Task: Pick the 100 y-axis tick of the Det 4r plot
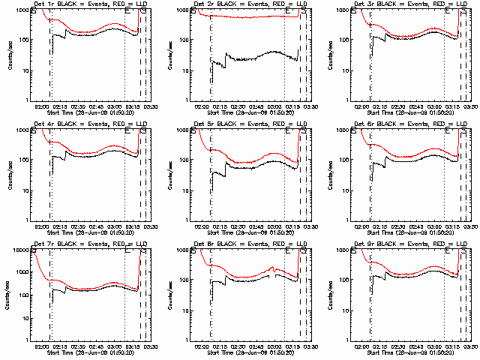28,160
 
